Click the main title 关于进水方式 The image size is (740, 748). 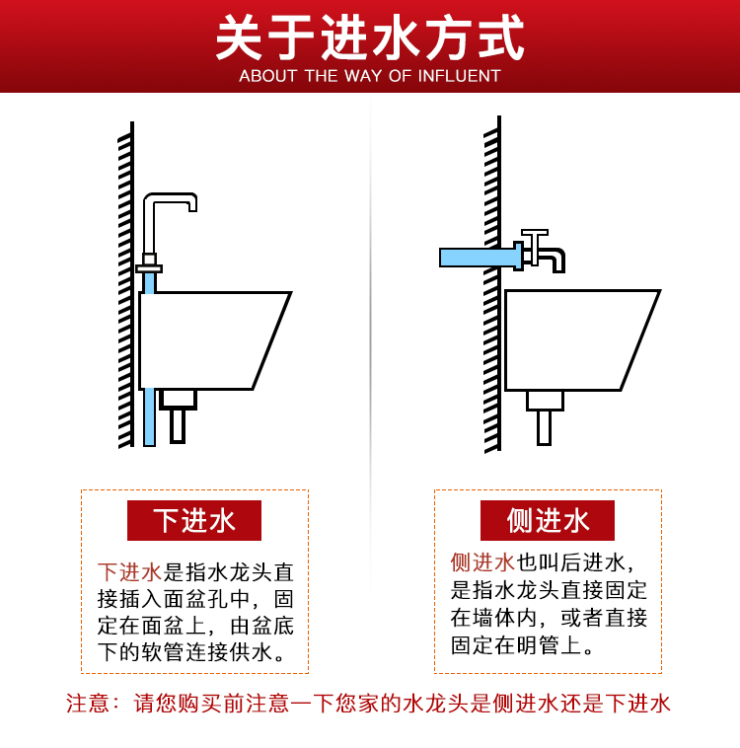(370, 37)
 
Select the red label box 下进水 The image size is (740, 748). (194, 520)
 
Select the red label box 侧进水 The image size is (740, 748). (548, 520)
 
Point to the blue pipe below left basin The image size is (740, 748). (149, 417)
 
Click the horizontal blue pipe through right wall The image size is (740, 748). (477, 258)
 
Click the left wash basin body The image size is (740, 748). (210, 340)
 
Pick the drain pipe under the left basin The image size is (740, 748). (178, 416)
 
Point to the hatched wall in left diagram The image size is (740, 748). (126, 285)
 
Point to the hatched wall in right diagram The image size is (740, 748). (492, 284)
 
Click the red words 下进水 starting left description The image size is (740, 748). (130, 572)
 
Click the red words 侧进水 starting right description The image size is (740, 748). (482, 562)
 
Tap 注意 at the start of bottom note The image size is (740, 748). (88, 704)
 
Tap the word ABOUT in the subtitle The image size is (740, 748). (267, 76)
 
